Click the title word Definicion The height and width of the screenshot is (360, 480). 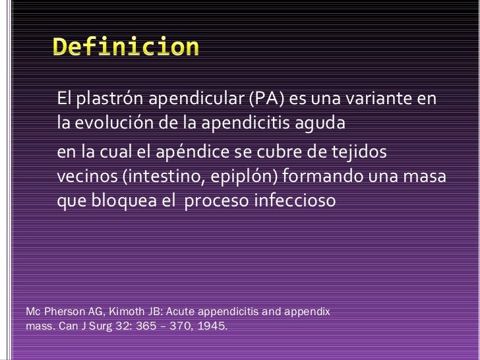[x=125, y=47]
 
